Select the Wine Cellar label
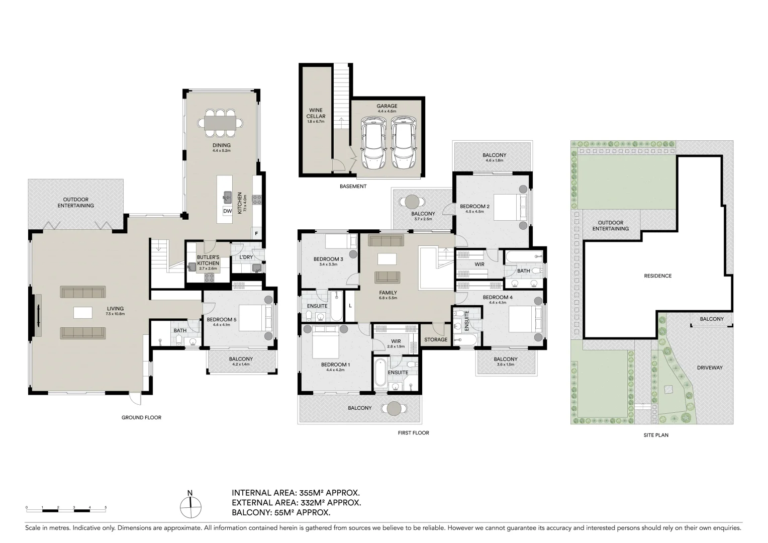point(316,113)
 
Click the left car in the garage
point(373,143)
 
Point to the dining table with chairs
point(220,123)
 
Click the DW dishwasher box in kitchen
point(228,211)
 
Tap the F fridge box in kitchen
point(256,233)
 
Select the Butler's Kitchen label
point(208,260)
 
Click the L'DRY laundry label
point(246,257)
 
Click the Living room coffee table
point(83,312)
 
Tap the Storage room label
point(435,339)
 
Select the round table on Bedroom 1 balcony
point(394,408)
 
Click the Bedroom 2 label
point(474,206)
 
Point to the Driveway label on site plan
point(709,368)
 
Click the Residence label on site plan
point(657,276)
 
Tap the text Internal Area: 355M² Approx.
point(296,493)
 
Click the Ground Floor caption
point(141,417)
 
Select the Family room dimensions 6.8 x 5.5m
point(388,298)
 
